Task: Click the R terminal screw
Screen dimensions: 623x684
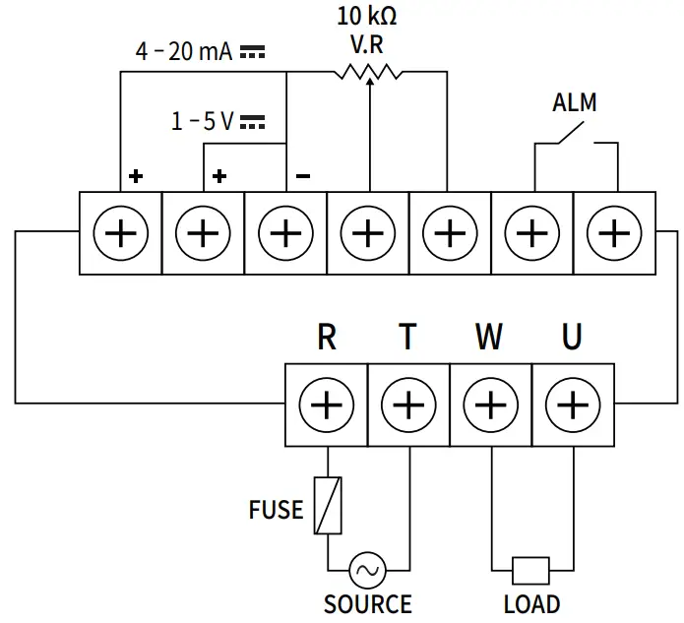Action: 327,405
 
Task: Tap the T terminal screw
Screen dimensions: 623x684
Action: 408,405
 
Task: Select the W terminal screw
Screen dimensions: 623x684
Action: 490,405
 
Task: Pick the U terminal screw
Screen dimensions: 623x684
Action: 572,405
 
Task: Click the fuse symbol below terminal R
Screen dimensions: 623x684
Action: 327,505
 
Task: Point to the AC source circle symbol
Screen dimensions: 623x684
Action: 367,569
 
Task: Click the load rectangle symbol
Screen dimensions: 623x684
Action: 531,569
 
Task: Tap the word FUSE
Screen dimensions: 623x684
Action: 276,510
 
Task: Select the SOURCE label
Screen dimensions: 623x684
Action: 367,603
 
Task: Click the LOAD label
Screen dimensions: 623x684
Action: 531,603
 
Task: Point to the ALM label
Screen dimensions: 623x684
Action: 574,102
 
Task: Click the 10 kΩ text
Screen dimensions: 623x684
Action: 368,16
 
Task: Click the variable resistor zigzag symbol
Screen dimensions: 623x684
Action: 368,72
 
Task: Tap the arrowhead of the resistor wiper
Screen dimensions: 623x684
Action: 368,84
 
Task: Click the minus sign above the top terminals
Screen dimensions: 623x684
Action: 303,177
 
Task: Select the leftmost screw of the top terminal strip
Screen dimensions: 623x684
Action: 120,233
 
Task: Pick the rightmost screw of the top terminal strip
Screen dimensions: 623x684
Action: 613,233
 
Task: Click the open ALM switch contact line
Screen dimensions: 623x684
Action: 576,133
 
